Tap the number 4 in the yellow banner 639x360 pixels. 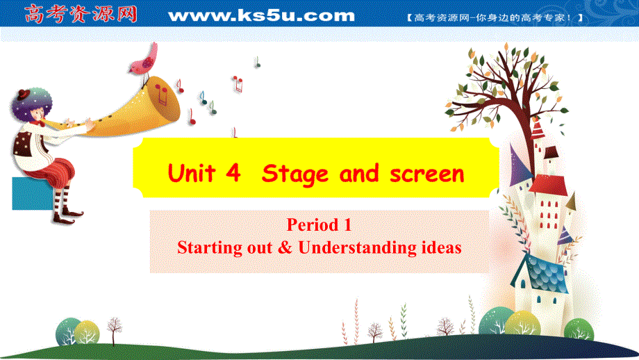233,173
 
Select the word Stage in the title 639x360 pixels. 294,173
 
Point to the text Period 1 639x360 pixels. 319,225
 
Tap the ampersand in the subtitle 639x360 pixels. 283,247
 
